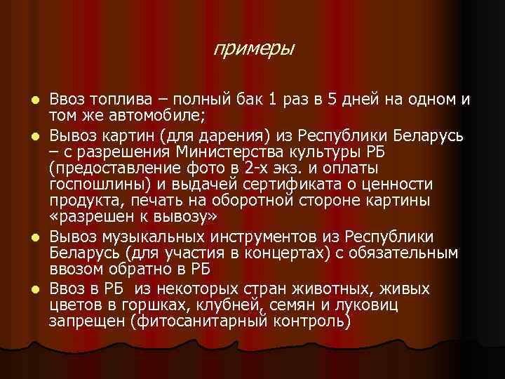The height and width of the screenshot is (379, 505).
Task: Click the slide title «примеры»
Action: click(x=254, y=50)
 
